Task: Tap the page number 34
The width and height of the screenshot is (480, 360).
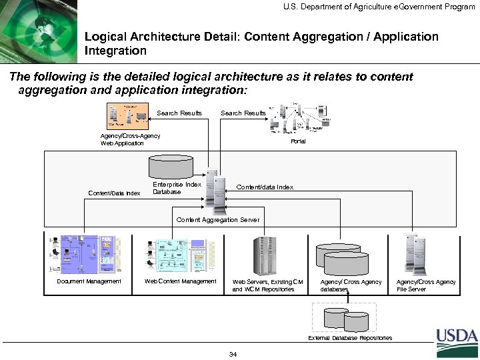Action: (x=233, y=353)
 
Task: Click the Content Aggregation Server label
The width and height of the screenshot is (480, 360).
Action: (x=217, y=219)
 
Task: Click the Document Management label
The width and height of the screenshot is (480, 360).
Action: (x=89, y=281)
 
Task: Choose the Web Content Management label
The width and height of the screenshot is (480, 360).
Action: (x=181, y=281)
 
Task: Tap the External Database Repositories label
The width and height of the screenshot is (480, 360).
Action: (x=350, y=338)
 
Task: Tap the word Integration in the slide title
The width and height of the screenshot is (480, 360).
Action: (x=115, y=50)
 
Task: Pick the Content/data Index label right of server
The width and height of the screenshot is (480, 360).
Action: (x=265, y=187)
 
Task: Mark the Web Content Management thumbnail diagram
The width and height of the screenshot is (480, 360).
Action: (x=181, y=253)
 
